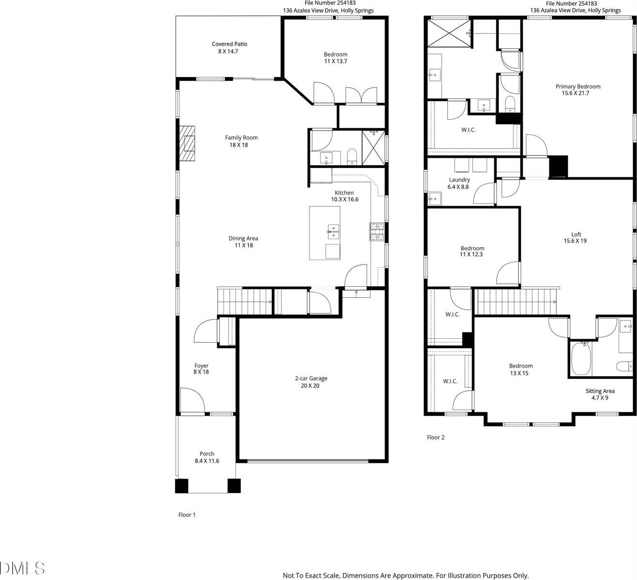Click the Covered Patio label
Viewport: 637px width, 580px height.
229,44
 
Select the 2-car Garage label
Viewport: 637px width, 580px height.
307,379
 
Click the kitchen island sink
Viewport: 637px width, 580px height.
333,231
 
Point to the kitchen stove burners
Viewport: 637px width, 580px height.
377,231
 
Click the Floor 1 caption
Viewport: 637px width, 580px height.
187,515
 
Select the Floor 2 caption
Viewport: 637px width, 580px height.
435,437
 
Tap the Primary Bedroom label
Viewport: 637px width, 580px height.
578,87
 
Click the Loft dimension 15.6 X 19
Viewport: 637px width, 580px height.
575,241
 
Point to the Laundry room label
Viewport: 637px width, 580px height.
459,180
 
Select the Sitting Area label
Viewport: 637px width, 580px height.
600,391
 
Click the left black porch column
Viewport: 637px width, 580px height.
181,486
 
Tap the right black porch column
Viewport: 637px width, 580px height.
234,486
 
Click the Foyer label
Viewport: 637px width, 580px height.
201,366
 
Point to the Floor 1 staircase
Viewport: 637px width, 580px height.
244,301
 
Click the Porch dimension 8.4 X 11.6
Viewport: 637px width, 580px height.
207,461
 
